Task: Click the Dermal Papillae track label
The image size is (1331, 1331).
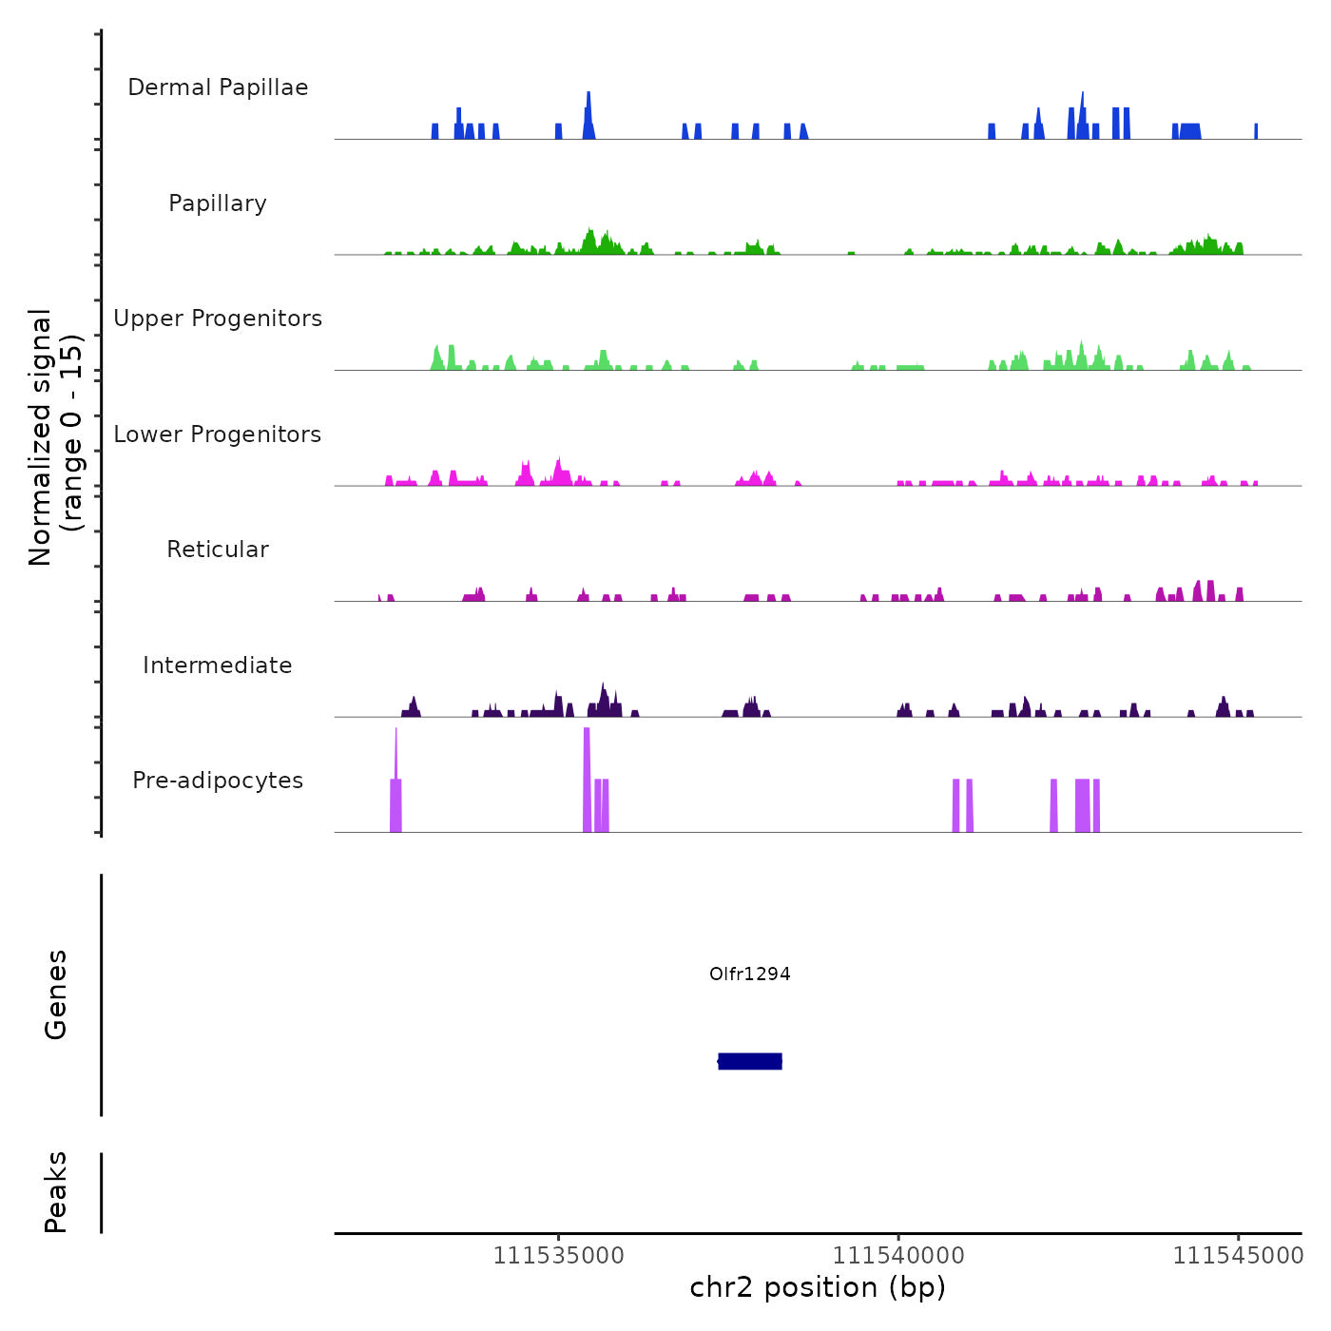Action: point(218,87)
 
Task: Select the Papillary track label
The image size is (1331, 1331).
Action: point(218,203)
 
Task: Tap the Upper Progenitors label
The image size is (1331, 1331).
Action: point(218,318)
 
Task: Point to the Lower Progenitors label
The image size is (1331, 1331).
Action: point(218,434)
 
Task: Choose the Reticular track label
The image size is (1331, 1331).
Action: point(218,550)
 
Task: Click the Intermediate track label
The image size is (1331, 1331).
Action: point(218,665)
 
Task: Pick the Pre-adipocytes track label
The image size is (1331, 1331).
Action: point(218,781)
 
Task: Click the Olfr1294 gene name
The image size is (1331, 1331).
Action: point(750,974)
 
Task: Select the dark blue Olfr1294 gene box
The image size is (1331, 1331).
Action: point(750,1061)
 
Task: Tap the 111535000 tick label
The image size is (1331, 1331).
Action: point(559,1255)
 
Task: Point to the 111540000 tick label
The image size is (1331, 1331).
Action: point(898,1255)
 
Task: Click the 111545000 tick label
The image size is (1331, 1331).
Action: point(1238,1255)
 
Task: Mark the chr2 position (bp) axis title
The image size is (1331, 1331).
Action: point(818,1287)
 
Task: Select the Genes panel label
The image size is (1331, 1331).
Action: point(56,994)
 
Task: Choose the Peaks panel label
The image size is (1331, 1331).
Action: point(56,1192)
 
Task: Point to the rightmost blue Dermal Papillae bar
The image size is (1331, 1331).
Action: point(1256,131)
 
